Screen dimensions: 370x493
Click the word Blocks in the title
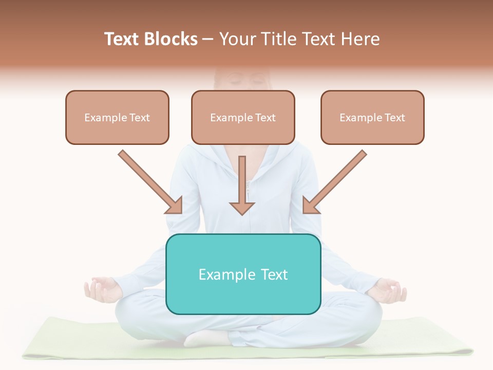(x=172, y=39)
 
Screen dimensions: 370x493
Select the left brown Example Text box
(x=117, y=118)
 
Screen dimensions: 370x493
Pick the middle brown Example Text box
(x=243, y=118)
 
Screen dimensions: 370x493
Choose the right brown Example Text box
(x=372, y=118)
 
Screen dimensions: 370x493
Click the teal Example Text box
(x=243, y=274)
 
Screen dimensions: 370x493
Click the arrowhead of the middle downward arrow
(x=242, y=208)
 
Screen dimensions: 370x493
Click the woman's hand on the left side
(x=102, y=289)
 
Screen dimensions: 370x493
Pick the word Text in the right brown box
(x=394, y=118)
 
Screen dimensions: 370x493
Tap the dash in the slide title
(x=208, y=40)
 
